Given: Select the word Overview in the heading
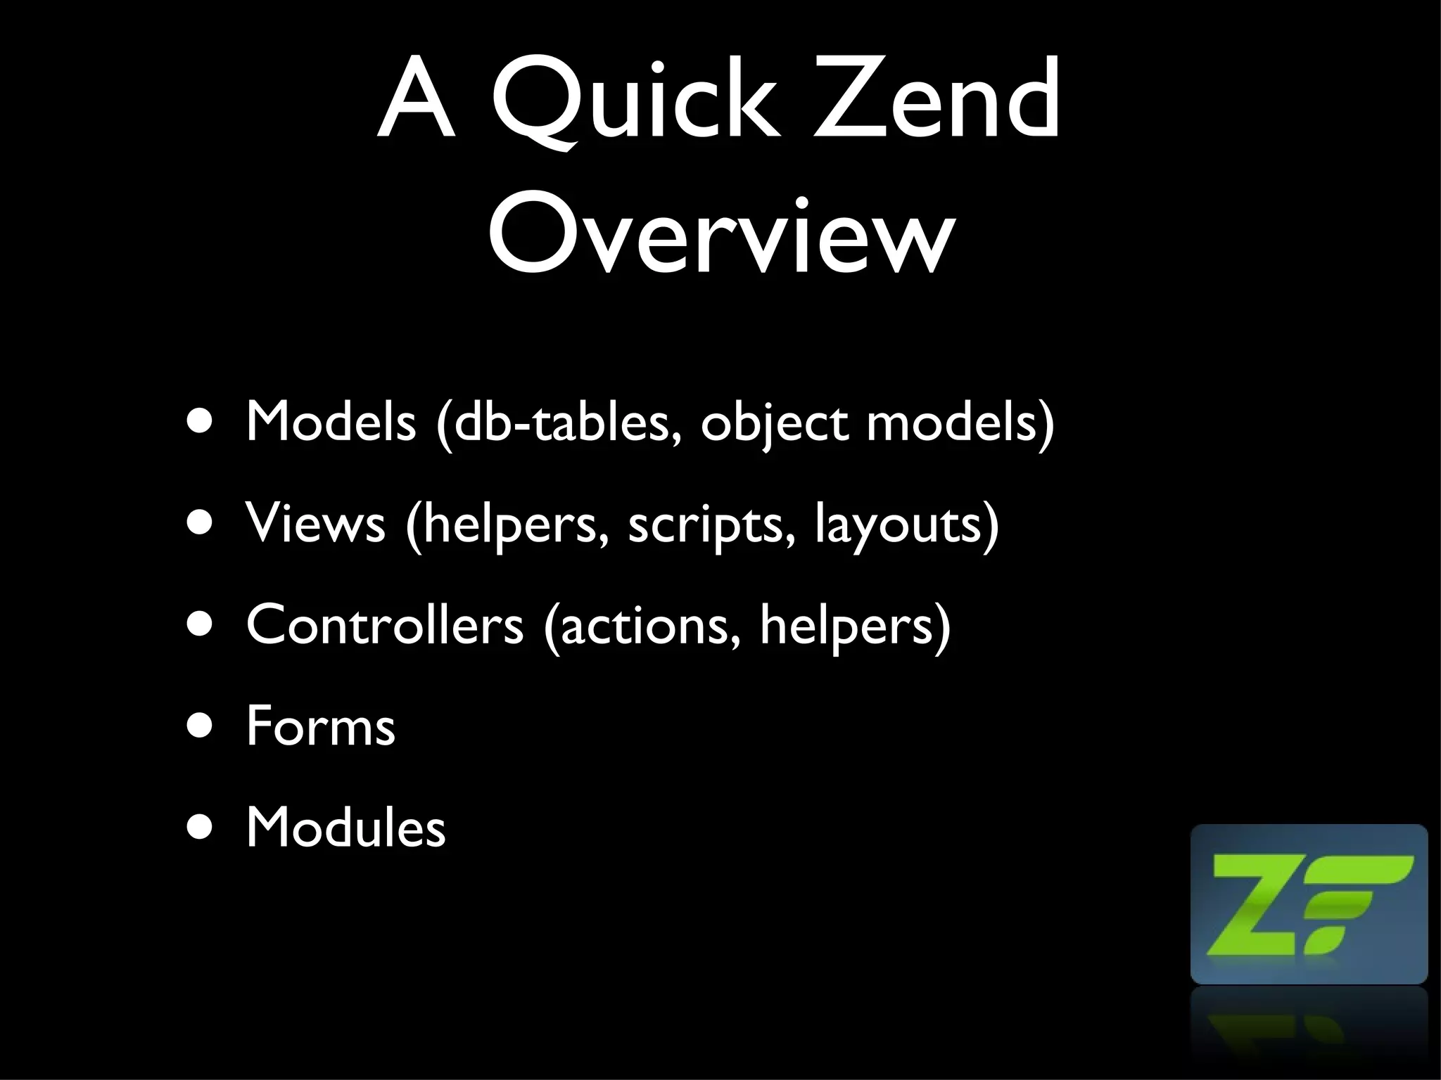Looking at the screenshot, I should point(721,236).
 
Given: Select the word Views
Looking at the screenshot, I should point(315,523).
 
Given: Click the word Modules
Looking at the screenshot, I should point(345,828).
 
